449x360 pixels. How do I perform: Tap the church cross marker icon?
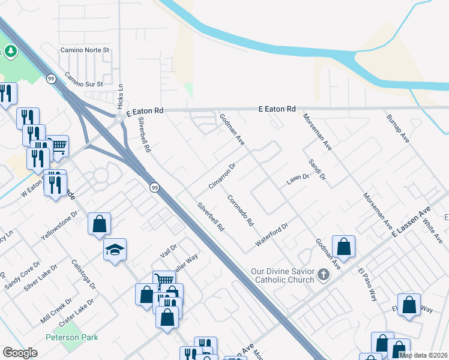tap(324, 275)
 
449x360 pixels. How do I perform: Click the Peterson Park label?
tap(71, 337)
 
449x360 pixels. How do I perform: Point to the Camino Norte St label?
tap(84, 50)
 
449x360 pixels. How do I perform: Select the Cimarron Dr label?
tap(221, 175)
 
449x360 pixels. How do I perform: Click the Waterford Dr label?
tap(272, 233)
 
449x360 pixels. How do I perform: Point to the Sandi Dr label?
tap(317, 170)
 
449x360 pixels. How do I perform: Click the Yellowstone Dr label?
tap(59, 224)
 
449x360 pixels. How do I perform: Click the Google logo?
tap(20, 353)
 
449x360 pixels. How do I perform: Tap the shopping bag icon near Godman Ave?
tap(343, 246)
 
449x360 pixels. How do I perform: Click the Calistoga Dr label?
tap(83, 274)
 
